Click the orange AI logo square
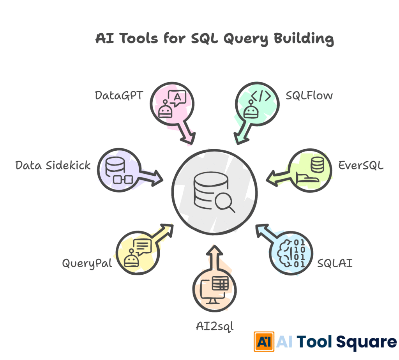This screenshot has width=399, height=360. coord(264,342)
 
